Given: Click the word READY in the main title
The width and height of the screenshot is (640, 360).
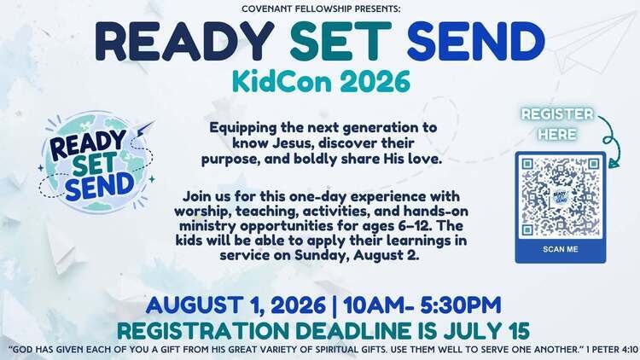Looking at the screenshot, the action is pyautogui.click(x=185, y=41).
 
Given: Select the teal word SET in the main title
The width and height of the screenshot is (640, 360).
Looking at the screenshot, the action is pyautogui.click(x=341, y=41).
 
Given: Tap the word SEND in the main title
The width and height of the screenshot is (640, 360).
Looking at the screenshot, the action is pyautogui.click(x=476, y=41).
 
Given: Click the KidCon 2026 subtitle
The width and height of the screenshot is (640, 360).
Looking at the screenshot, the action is pyautogui.click(x=321, y=81).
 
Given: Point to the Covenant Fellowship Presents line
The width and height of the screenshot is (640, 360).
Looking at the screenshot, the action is pyautogui.click(x=321, y=9).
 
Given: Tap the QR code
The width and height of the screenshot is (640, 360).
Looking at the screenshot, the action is pyautogui.click(x=561, y=197).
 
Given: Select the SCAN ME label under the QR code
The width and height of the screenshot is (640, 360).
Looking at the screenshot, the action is pyautogui.click(x=561, y=249).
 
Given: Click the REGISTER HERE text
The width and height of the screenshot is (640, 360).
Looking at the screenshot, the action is pyautogui.click(x=557, y=124).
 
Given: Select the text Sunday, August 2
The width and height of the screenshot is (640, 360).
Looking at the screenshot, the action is pyautogui.click(x=358, y=256).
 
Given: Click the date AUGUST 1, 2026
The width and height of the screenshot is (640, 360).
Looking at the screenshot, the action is pyautogui.click(x=236, y=305).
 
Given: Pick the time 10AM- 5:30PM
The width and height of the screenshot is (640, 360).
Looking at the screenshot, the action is pyautogui.click(x=422, y=305).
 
